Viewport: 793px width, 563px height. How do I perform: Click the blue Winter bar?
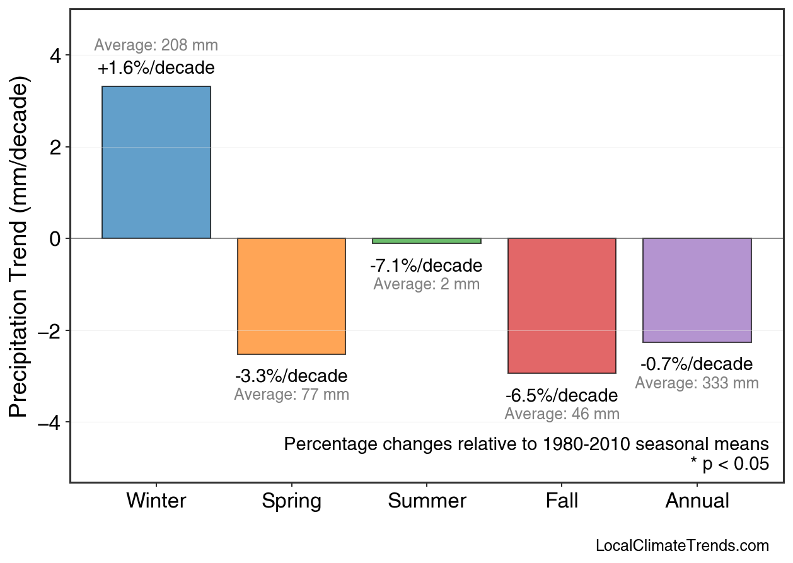coord(156,163)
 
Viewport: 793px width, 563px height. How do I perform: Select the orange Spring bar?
coord(291,296)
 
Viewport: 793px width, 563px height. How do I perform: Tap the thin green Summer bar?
coord(427,241)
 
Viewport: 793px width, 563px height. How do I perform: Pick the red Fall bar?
coord(562,306)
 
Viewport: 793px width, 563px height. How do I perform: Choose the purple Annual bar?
coord(697,290)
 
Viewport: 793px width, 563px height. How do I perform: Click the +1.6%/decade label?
coord(156,67)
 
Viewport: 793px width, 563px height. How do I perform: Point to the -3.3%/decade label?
coord(291,376)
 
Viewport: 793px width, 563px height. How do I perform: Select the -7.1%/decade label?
coord(426,265)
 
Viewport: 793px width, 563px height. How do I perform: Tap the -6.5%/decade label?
coord(562,396)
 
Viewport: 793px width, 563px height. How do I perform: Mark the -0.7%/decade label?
coord(697,364)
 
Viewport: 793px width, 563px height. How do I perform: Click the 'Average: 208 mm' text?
coord(156,45)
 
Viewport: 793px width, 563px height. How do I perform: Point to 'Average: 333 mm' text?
coord(697,383)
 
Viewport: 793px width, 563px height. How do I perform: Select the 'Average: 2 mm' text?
coord(426,284)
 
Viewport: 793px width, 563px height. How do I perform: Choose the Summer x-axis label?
coord(427,501)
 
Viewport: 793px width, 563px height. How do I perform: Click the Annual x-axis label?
coord(697,501)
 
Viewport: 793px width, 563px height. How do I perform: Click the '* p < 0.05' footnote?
coord(729,464)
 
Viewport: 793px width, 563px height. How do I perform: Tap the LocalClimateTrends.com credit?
coord(682,546)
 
